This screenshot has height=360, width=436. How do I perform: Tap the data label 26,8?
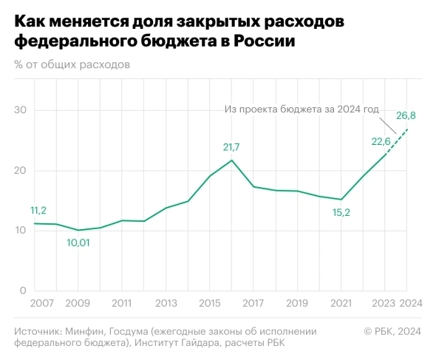(x=406, y=115)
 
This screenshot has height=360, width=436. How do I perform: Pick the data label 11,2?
(x=38, y=211)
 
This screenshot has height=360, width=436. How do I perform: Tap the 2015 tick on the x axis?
(x=210, y=303)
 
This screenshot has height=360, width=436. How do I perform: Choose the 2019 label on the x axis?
(x=297, y=303)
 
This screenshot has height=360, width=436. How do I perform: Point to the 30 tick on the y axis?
(x=21, y=111)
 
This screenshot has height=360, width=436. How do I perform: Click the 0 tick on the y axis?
(x=24, y=291)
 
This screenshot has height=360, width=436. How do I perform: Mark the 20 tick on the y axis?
(x=21, y=171)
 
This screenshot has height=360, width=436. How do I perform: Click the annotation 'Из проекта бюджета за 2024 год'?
(x=301, y=109)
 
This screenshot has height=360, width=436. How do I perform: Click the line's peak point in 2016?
(x=232, y=160)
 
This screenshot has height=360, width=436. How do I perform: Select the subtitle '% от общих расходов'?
(x=72, y=64)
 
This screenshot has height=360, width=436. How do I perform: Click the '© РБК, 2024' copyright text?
(x=392, y=330)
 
